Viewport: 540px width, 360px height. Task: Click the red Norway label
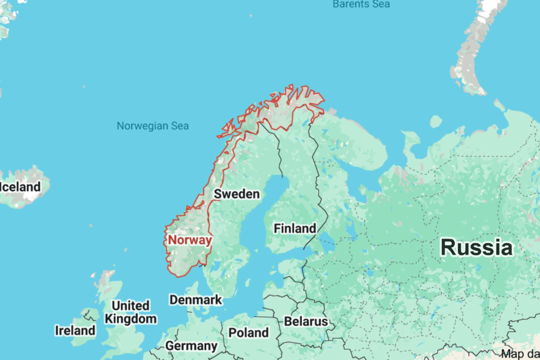[x=190, y=240]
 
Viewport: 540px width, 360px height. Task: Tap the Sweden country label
[x=236, y=194]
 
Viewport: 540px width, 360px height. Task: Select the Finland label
[x=295, y=228]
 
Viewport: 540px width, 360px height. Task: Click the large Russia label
[x=477, y=248]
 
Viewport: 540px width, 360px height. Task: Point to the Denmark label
[x=195, y=300]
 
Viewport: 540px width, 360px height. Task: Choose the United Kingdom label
[x=130, y=312]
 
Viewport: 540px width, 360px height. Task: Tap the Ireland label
[x=75, y=330]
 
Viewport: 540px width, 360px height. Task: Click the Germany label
[x=191, y=346]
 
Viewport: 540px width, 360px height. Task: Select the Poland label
[x=248, y=333]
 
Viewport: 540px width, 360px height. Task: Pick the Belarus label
[x=306, y=322]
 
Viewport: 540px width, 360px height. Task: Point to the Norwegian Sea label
[x=153, y=126]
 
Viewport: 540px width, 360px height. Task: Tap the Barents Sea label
[x=361, y=4]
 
